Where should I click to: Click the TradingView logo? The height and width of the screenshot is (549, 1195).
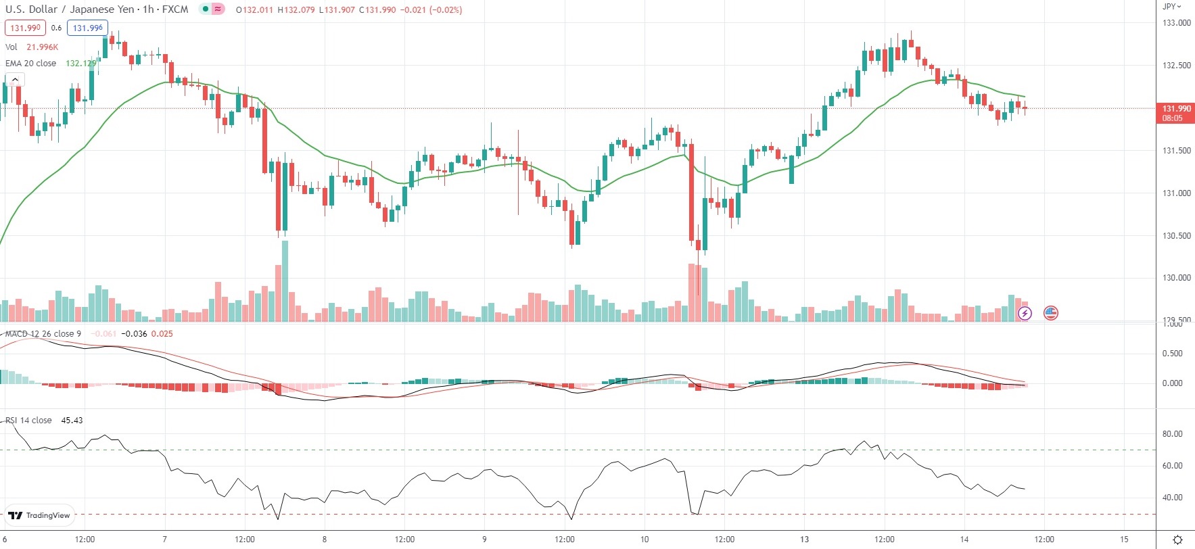[x=40, y=515]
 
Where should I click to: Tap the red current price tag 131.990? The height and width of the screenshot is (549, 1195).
[x=1175, y=113]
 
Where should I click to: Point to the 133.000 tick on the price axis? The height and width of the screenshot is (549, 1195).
[x=1176, y=23]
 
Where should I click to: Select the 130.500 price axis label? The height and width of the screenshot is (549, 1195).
[x=1176, y=236]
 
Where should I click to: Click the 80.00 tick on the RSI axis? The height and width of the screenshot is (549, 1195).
[x=1172, y=434]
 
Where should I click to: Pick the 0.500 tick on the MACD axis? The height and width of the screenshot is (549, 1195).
[x=1172, y=354]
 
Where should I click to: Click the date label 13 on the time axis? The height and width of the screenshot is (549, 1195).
[x=804, y=540]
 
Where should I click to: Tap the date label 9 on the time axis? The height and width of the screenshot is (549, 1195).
[x=484, y=540]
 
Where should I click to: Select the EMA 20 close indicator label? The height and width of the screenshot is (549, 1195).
[x=31, y=64]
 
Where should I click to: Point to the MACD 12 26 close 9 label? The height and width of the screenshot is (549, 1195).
[x=43, y=334]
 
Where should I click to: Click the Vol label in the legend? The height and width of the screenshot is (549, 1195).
[x=11, y=47]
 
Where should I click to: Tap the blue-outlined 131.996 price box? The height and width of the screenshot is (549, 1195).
[x=88, y=28]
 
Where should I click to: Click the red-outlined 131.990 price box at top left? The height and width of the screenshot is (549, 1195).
[x=26, y=28]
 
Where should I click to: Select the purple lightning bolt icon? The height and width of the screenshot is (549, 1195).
[x=1025, y=313]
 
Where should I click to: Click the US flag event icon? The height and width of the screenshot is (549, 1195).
[x=1050, y=313]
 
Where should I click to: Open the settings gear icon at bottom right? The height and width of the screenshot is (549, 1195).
[x=1177, y=540]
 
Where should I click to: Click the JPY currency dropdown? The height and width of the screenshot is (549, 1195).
[x=1171, y=6]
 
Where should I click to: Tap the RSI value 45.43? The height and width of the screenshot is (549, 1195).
[x=72, y=421]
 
